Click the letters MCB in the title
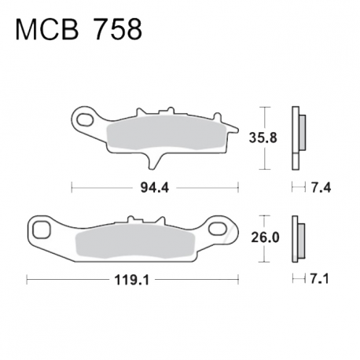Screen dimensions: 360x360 [47, 29]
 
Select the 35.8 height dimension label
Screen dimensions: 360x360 [263, 138]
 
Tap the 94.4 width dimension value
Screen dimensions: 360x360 [155, 188]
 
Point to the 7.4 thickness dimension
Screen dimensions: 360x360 [321, 188]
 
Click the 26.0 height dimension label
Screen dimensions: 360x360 [265, 237]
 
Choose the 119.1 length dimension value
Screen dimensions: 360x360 [132, 280]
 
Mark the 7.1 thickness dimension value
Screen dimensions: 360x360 [320, 279]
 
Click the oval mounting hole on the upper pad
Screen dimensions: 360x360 [86, 119]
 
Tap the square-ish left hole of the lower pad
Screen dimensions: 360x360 [42, 230]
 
